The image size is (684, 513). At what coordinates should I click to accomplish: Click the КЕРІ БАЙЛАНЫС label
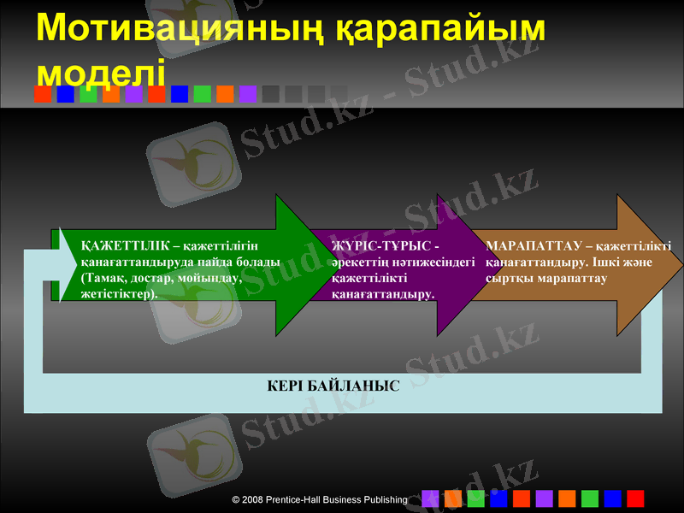(x=333, y=386)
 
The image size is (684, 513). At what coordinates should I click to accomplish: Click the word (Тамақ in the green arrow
(x=102, y=278)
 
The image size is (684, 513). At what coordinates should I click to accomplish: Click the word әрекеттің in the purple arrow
(x=358, y=262)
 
